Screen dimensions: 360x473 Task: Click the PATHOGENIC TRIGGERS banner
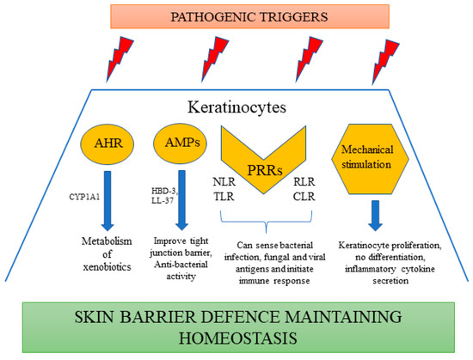(236, 16)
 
